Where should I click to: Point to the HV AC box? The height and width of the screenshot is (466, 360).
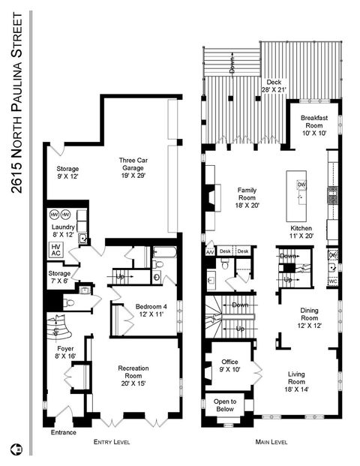pyautogui.click(x=55, y=250)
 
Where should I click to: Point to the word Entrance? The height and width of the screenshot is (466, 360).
pyautogui.click(x=64, y=432)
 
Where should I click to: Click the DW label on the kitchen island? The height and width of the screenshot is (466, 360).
pyautogui.click(x=301, y=185)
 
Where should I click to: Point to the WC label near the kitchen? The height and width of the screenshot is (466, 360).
pyautogui.click(x=333, y=281)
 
